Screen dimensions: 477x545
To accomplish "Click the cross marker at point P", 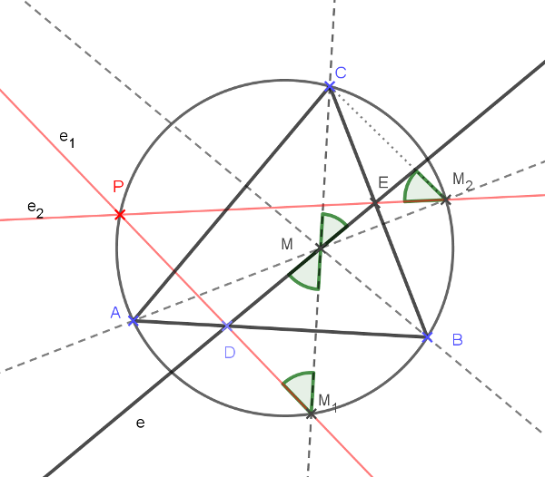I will (x=118, y=214).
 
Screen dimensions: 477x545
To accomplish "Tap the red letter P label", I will (x=118, y=187).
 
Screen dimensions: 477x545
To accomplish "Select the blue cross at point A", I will (x=133, y=320).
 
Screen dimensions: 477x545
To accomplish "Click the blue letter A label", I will (x=115, y=313).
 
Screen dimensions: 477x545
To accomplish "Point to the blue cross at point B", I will (x=428, y=337).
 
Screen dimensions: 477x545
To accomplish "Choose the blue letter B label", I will (x=457, y=340).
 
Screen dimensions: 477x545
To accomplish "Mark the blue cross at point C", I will (x=330, y=86).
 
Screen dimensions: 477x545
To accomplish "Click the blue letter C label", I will (x=341, y=73).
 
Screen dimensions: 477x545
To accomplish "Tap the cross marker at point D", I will (x=227, y=326).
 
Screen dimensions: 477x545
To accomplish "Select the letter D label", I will (x=230, y=352).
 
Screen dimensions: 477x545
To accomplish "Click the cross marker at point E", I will (x=375, y=202).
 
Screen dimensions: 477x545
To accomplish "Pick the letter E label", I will (x=383, y=183).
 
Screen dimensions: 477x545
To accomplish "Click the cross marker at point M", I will (x=320, y=248).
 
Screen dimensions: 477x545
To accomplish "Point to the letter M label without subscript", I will (x=287, y=244).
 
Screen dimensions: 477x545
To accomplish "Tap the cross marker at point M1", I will (x=311, y=413).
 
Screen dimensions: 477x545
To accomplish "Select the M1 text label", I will (x=327, y=402).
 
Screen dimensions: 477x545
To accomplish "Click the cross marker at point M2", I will (x=446, y=200).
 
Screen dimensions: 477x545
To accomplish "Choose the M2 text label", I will (x=462, y=180).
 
